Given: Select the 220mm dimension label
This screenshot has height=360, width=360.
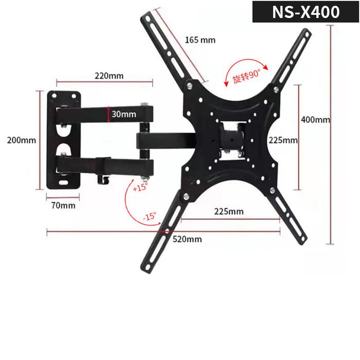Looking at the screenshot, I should [109, 76].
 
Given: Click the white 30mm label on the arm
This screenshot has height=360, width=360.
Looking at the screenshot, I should [124, 114].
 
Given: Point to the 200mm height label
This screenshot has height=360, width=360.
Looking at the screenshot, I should [18, 140].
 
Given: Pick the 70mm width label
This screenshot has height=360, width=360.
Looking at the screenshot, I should [63, 205].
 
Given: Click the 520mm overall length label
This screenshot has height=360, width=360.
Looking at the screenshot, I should [187, 239].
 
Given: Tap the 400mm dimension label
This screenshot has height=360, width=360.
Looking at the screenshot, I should [315, 120].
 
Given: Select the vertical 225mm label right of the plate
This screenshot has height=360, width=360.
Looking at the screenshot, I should [283, 140].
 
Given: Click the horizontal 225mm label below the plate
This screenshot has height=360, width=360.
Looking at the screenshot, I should [229, 211].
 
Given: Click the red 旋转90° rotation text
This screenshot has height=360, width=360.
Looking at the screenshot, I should [246, 79].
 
